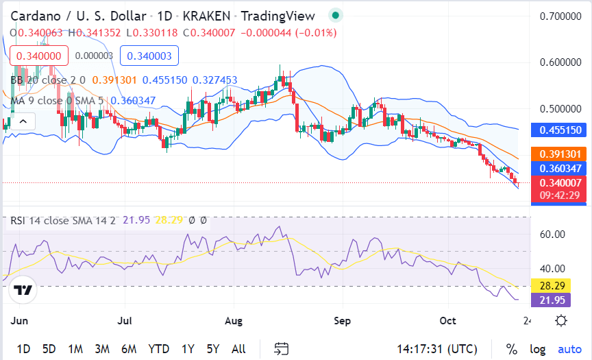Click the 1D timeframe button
click(23, 348)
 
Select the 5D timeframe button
click(49, 348)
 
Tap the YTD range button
click(158, 348)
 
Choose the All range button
click(238, 348)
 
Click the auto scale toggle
click(569, 349)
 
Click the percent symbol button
click(511, 349)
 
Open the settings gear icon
click(561, 320)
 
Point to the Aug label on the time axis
click(234, 320)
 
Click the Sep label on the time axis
click(343, 320)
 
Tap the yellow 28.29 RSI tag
click(552, 285)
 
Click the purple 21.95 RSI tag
click(552, 300)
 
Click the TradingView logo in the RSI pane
click(23, 290)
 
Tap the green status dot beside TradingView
click(334, 14)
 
